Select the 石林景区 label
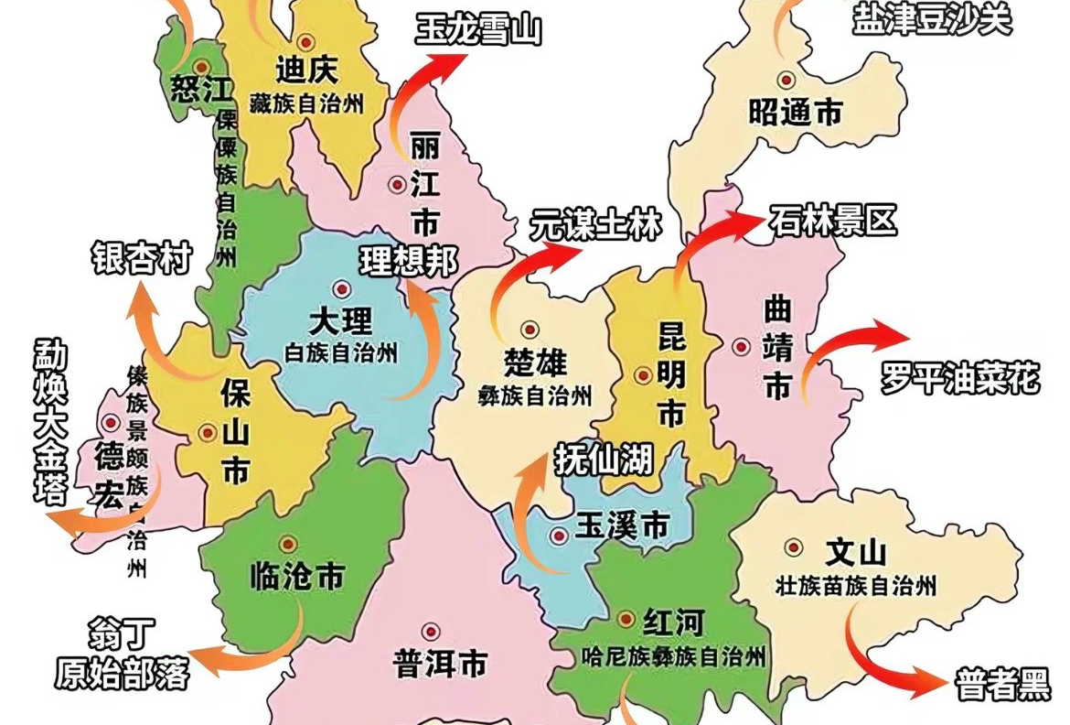[x=832, y=221]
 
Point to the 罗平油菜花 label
[x=960, y=378]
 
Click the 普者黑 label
[x=1002, y=684]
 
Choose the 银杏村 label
[x=141, y=258]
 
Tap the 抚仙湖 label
[x=604, y=458]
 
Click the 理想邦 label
[x=408, y=262]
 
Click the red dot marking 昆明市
[x=642, y=374]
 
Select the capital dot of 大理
[x=341, y=288]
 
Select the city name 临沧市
[x=296, y=576]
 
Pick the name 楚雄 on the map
[x=536, y=363]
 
